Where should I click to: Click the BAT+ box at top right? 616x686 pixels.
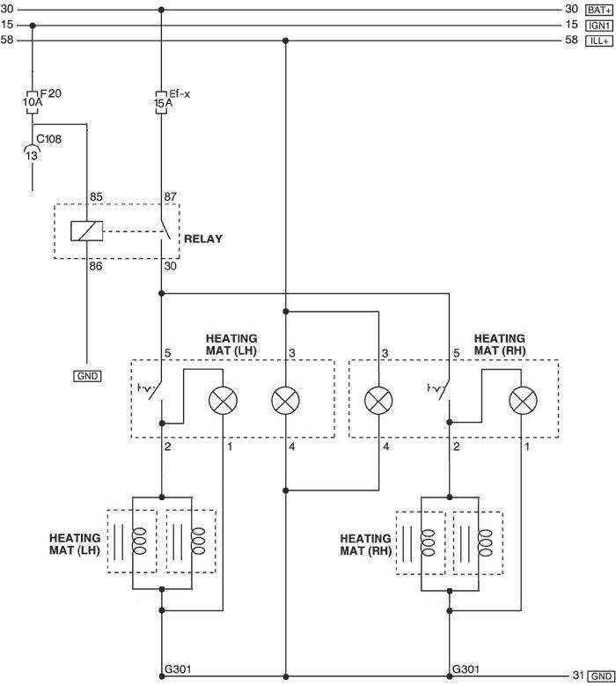point(599,10)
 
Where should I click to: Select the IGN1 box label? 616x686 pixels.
point(599,26)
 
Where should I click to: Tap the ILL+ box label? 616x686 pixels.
point(599,41)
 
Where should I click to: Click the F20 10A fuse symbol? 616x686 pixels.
point(33,102)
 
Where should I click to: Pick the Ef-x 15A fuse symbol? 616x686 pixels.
point(161,102)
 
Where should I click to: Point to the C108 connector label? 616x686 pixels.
point(48,139)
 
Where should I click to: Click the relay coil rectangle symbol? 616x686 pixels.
point(87,231)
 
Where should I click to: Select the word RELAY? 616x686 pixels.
point(203,239)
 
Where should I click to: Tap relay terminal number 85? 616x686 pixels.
point(96,197)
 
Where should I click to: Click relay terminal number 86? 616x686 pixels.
point(96,266)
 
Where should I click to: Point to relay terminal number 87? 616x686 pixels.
point(170,197)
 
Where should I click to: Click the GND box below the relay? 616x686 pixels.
point(87,376)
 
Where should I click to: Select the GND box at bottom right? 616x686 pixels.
point(601,676)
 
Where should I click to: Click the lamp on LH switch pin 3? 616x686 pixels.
point(285,401)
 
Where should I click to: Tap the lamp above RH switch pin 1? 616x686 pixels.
point(523,401)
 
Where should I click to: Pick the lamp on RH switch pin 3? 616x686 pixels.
point(378,401)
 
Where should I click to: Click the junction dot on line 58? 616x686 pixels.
point(285,41)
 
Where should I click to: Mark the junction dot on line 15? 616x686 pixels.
point(33,26)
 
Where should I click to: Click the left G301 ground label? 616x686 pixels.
point(178,669)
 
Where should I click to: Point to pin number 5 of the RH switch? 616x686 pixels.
point(457,353)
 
